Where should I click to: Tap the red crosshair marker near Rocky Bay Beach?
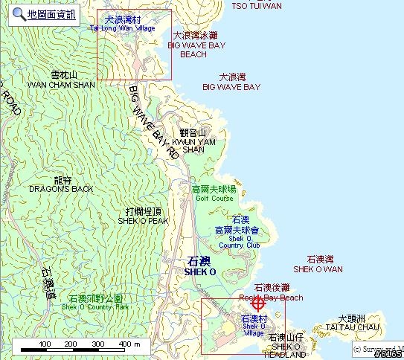[258, 303]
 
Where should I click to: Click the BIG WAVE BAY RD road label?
[155, 122]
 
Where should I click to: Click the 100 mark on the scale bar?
[45, 344]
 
